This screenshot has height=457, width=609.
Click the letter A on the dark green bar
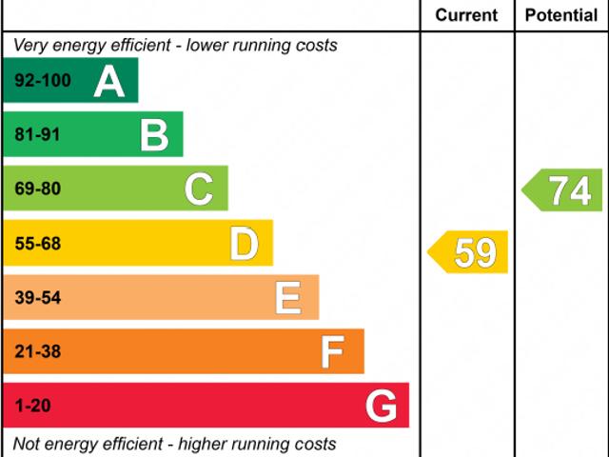pos(109,81)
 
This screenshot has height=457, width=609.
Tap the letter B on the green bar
pos(154,135)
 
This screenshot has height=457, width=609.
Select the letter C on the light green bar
pos(199,189)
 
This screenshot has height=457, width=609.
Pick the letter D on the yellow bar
pos(245,244)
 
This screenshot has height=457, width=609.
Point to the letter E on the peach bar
pos(288,298)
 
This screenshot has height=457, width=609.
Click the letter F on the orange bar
pos(332,352)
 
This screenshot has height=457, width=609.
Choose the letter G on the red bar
pos(381,407)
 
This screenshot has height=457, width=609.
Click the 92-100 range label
pos(43,81)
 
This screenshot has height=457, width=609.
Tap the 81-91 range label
pos(37,135)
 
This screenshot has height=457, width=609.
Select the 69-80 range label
pos(37,189)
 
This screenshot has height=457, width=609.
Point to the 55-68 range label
pos(37,244)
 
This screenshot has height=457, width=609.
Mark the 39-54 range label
pos(37,298)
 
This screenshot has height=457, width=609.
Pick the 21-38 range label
pos(37,352)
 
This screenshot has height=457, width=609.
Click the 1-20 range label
pos(33,407)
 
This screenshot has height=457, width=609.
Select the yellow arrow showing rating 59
pos(469,252)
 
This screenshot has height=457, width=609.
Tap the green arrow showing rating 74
pos(564,190)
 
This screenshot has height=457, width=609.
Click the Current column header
pos(466,15)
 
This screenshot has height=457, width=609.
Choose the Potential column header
pos(561,15)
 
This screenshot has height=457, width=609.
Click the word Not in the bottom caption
pos(28,444)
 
